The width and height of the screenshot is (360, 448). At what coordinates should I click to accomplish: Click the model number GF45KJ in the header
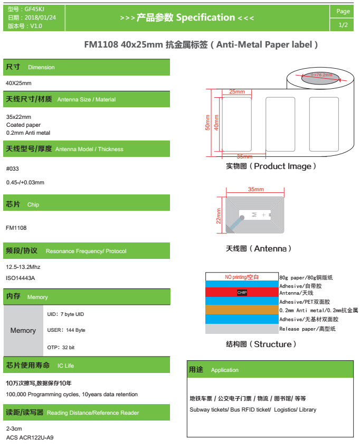click(x=34, y=9)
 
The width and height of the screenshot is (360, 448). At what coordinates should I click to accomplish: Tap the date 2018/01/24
click(x=40, y=17)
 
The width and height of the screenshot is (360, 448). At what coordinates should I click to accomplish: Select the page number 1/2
click(x=343, y=25)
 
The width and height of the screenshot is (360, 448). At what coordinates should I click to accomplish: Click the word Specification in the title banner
click(x=205, y=18)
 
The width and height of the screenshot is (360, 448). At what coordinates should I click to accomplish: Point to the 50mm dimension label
click(x=207, y=122)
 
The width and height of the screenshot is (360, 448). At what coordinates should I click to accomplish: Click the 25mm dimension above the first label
click(x=237, y=92)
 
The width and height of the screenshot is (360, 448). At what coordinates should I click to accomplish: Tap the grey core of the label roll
click(x=320, y=78)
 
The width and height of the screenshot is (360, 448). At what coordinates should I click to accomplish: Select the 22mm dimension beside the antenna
click(x=219, y=216)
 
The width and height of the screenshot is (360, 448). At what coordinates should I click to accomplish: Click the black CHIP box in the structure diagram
click(x=242, y=292)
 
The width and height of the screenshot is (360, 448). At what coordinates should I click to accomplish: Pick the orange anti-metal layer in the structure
click(x=242, y=310)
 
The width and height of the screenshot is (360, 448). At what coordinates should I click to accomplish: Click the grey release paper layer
click(x=242, y=329)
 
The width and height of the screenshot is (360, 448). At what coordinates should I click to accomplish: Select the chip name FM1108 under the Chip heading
click(x=16, y=228)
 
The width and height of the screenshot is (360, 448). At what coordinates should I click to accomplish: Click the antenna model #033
click(x=13, y=169)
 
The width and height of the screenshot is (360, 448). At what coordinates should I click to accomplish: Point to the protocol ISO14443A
click(x=20, y=278)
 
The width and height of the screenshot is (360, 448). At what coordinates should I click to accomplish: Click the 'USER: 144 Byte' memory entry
click(x=66, y=330)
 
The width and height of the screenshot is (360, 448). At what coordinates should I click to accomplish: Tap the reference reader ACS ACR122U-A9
click(x=30, y=437)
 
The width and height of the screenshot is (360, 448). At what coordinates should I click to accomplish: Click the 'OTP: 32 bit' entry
click(x=61, y=348)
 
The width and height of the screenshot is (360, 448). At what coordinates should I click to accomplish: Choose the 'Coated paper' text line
click(x=23, y=125)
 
